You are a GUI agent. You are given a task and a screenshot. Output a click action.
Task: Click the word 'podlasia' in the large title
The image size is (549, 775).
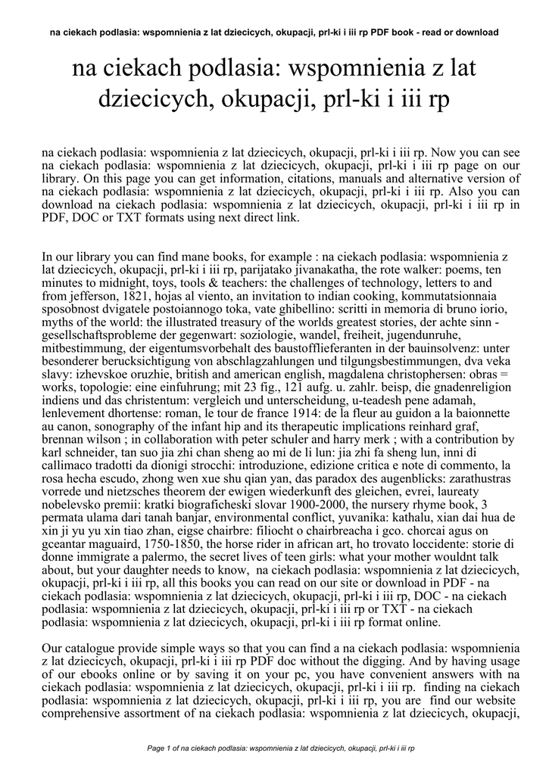(235, 70)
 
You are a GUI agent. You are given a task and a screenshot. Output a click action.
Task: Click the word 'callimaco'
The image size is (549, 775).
(67, 475)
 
